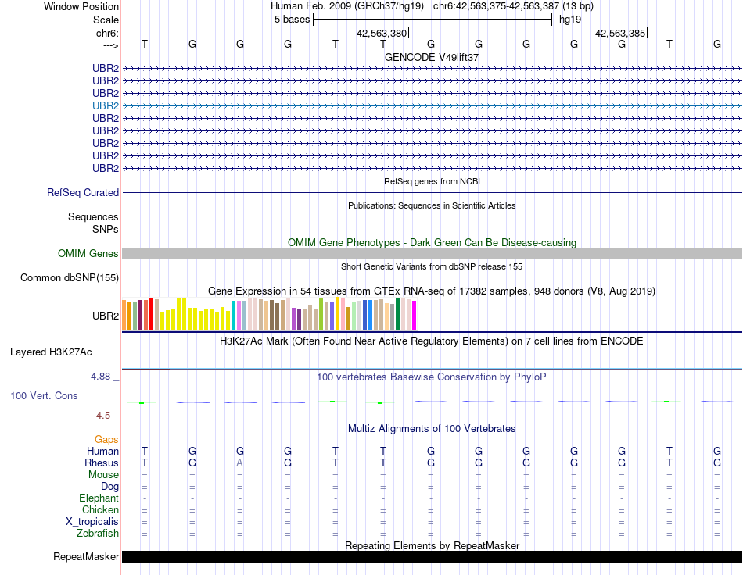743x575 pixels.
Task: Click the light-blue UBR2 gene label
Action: pos(106,105)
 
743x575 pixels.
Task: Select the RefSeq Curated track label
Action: pos(83,192)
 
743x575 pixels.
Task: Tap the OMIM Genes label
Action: pos(88,253)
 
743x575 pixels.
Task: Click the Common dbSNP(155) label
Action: pos(70,277)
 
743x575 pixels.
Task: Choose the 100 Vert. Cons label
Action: pos(44,396)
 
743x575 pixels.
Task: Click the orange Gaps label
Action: pos(106,440)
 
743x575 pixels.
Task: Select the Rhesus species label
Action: pos(101,463)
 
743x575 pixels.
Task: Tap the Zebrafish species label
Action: pos(98,534)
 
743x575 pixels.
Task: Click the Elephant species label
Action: pos(99,498)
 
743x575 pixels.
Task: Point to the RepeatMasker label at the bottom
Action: pos(86,557)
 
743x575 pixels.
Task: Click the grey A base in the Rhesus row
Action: pos(240,463)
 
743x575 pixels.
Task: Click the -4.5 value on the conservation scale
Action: pos(102,416)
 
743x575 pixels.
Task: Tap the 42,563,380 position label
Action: pos(382,34)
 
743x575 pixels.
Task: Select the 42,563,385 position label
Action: pos(620,34)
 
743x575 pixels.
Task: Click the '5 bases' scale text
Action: pos(292,20)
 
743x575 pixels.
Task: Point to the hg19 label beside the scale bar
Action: pos(569,20)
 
